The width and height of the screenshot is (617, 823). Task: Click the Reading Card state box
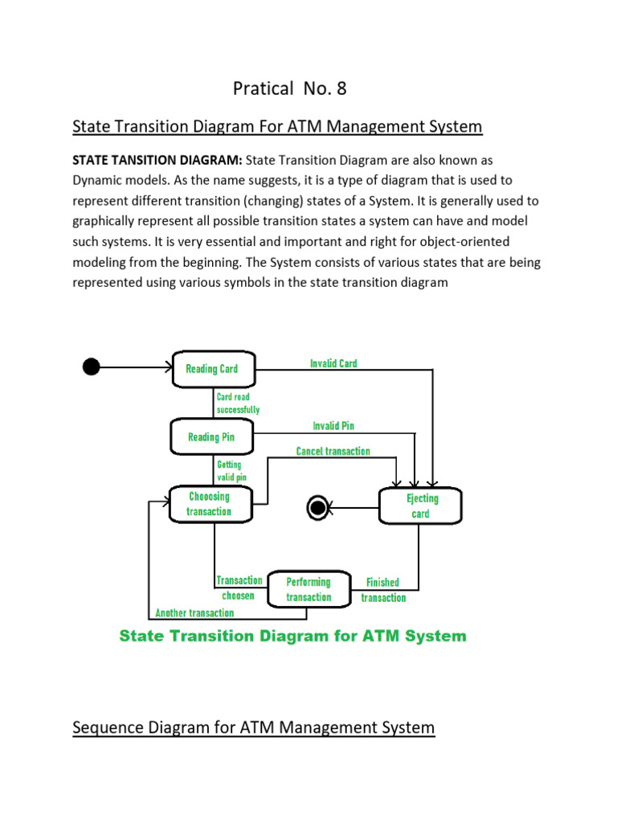[214, 369]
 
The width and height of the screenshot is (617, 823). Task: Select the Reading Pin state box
[212, 437]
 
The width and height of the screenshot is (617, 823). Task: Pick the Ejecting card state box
[421, 506]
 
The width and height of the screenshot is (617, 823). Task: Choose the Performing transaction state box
[308, 588]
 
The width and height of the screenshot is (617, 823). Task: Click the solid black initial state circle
[92, 367]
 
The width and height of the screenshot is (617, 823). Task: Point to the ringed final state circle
[317, 507]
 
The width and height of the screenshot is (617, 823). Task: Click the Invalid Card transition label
[333, 363]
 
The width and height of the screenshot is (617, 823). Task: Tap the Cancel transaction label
[333, 452]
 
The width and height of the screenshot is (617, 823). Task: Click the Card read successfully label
[238, 403]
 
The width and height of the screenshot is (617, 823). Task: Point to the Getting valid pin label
[231, 470]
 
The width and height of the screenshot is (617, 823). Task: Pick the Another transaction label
[194, 613]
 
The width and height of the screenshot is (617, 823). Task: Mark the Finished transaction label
[383, 590]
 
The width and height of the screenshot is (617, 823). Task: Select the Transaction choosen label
[239, 588]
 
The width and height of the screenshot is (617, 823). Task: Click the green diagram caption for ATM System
[292, 636]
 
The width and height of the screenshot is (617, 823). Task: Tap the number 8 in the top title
[341, 88]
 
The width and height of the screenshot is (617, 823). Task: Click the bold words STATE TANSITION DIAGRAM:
[157, 160]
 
